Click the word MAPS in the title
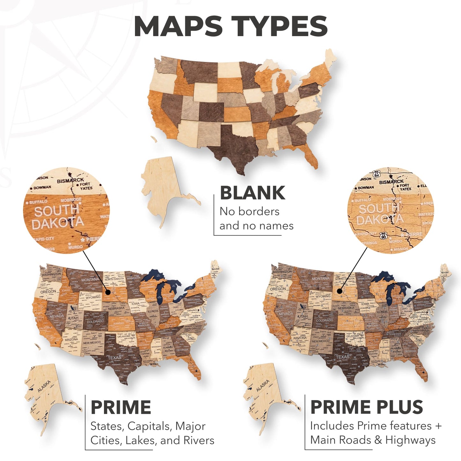point(178,26)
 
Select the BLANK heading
point(252,193)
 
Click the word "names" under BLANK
point(276,226)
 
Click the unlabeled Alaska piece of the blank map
point(163,188)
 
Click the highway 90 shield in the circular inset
point(383,236)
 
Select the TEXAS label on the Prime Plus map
point(342,357)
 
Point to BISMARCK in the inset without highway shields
point(71,181)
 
